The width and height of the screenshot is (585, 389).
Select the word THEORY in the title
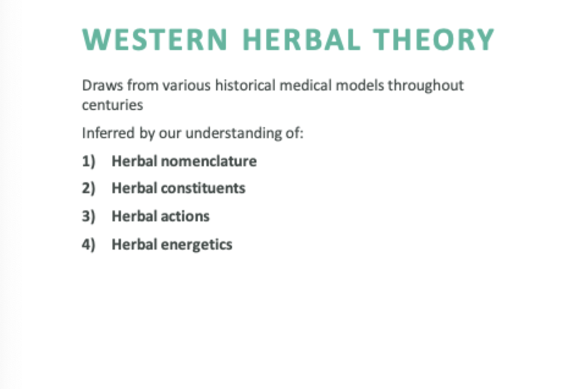click(434, 40)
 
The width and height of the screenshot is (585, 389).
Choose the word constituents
click(203, 188)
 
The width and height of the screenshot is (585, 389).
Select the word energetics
click(197, 245)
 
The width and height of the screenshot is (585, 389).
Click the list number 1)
click(89, 161)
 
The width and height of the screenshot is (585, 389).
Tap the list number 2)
click(89, 188)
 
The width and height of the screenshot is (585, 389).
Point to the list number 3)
click(89, 217)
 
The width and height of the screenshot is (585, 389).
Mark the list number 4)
click(89, 245)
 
